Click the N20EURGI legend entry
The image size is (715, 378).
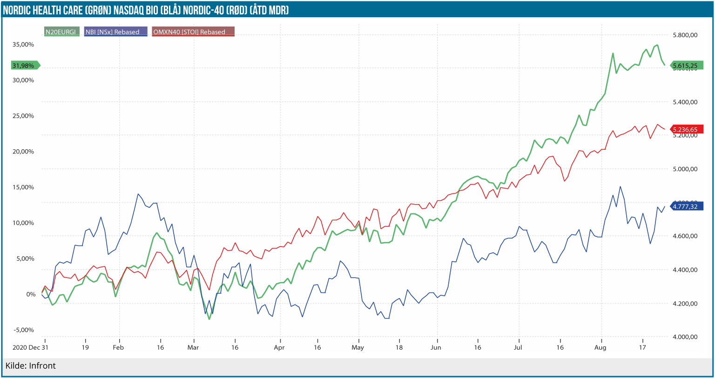tap(61, 32)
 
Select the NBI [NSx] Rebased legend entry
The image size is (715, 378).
tap(115, 32)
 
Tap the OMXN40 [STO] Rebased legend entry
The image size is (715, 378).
tap(193, 32)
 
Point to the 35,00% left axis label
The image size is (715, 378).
tap(23, 45)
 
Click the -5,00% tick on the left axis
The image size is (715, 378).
tap(24, 330)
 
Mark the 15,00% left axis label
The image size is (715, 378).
tap(23, 187)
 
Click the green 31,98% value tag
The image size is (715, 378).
tap(24, 66)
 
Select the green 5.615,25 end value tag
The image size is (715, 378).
tap(686, 66)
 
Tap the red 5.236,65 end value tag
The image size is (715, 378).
tap(686, 130)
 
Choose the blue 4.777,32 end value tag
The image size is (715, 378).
tap(686, 206)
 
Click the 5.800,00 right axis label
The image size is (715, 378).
tap(685, 35)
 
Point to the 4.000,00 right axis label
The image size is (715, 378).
tap(685, 337)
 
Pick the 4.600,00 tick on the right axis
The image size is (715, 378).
tap(685, 236)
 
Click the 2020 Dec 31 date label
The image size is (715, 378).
tap(30, 347)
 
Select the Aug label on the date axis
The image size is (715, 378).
tap(600, 347)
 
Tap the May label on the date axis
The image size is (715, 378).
tap(357, 347)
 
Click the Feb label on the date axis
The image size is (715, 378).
tap(118, 347)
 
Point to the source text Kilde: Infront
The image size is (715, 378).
tap(31, 365)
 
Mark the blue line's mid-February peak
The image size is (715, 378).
tap(138, 194)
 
